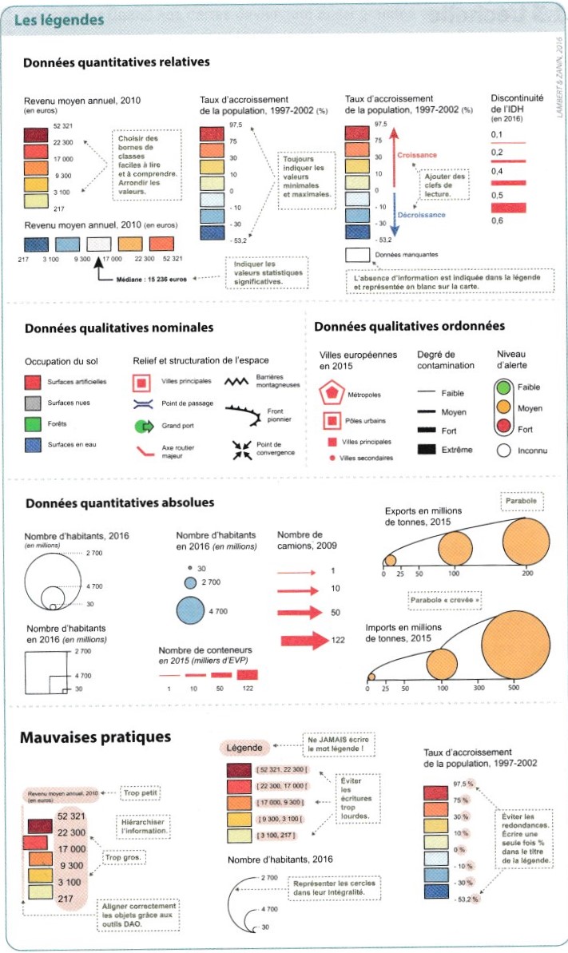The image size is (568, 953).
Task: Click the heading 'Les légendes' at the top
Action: tap(60, 19)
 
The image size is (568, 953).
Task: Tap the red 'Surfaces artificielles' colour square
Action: tap(33, 382)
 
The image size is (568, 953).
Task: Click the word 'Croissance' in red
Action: tap(417, 156)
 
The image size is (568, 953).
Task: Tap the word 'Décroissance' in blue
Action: tap(422, 214)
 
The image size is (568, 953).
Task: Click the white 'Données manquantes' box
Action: tap(356, 256)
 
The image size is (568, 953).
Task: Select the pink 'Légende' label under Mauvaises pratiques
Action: tap(244, 748)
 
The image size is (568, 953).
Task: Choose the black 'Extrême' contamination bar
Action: tap(427, 450)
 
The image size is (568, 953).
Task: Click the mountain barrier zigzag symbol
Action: tap(240, 383)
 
